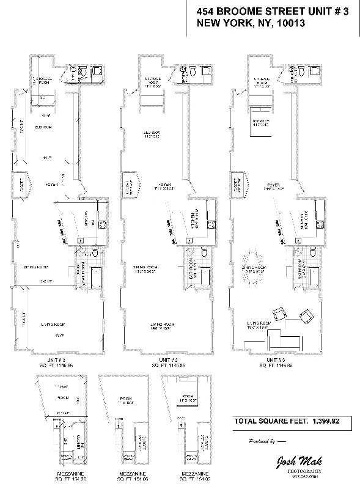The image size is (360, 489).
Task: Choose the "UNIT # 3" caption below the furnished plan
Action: coord(266,361)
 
